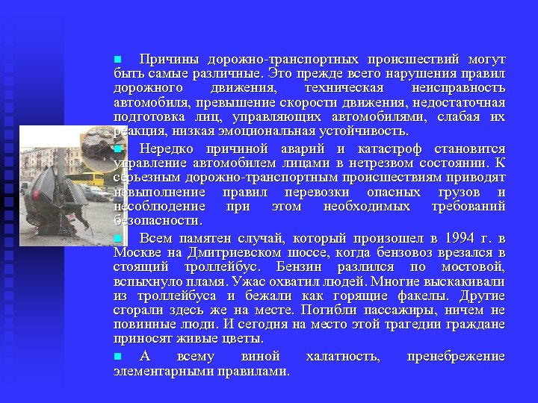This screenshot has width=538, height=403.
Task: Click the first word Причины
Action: tap(164, 59)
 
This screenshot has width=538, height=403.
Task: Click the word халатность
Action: tap(343, 357)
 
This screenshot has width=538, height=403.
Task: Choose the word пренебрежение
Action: tap(456, 357)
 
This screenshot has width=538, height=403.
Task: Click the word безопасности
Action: tap(157, 220)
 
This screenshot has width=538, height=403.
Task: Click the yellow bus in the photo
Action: tap(94, 179)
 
